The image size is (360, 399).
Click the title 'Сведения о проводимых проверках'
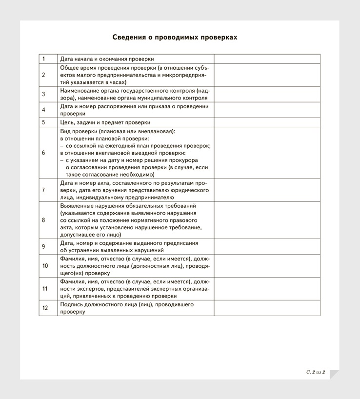tap(175, 37)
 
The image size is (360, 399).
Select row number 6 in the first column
tap(43, 153)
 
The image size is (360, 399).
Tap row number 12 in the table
tap(45, 308)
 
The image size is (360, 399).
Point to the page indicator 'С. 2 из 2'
tap(316, 372)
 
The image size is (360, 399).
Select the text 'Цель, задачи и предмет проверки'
tap(105, 122)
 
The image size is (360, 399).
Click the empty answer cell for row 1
tap(267, 59)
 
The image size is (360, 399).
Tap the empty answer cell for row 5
tap(267, 122)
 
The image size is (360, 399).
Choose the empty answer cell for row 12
tap(267, 308)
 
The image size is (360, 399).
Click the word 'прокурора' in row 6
tap(182, 160)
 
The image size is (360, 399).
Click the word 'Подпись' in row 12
tap(71, 304)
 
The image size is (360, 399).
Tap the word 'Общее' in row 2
tap(69, 68)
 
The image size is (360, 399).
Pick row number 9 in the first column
tap(43, 247)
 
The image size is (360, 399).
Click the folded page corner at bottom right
tap(334, 375)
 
